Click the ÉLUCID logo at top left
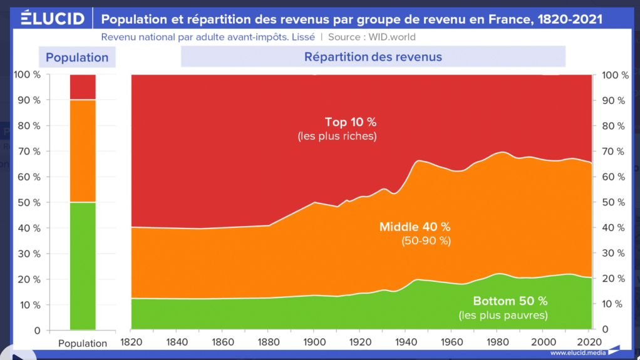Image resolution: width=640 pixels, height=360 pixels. coord(53,19)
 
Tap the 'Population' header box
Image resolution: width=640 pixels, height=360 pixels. coord(77,58)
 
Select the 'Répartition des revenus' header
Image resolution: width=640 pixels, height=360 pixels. coord(373,57)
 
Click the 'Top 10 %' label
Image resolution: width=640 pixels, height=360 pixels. coord(350,122)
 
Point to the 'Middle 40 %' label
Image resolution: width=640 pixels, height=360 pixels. coord(415,227)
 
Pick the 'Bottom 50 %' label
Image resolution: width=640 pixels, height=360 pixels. coord(510,301)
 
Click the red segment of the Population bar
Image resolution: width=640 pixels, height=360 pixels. coord(83,86)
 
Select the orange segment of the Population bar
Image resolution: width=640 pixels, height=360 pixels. coord(83,150)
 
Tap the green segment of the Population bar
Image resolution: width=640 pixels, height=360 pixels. coord(83,265)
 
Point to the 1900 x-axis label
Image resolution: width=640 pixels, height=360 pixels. coord(314,342)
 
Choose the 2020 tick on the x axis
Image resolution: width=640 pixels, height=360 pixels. coord(588,342)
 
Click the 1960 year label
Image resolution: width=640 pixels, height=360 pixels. coord(451,342)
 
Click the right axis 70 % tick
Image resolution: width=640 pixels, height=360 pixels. coord(614,152)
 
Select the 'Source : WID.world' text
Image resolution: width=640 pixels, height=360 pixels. coord(370,38)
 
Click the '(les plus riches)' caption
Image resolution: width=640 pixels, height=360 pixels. coord(338,136)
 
